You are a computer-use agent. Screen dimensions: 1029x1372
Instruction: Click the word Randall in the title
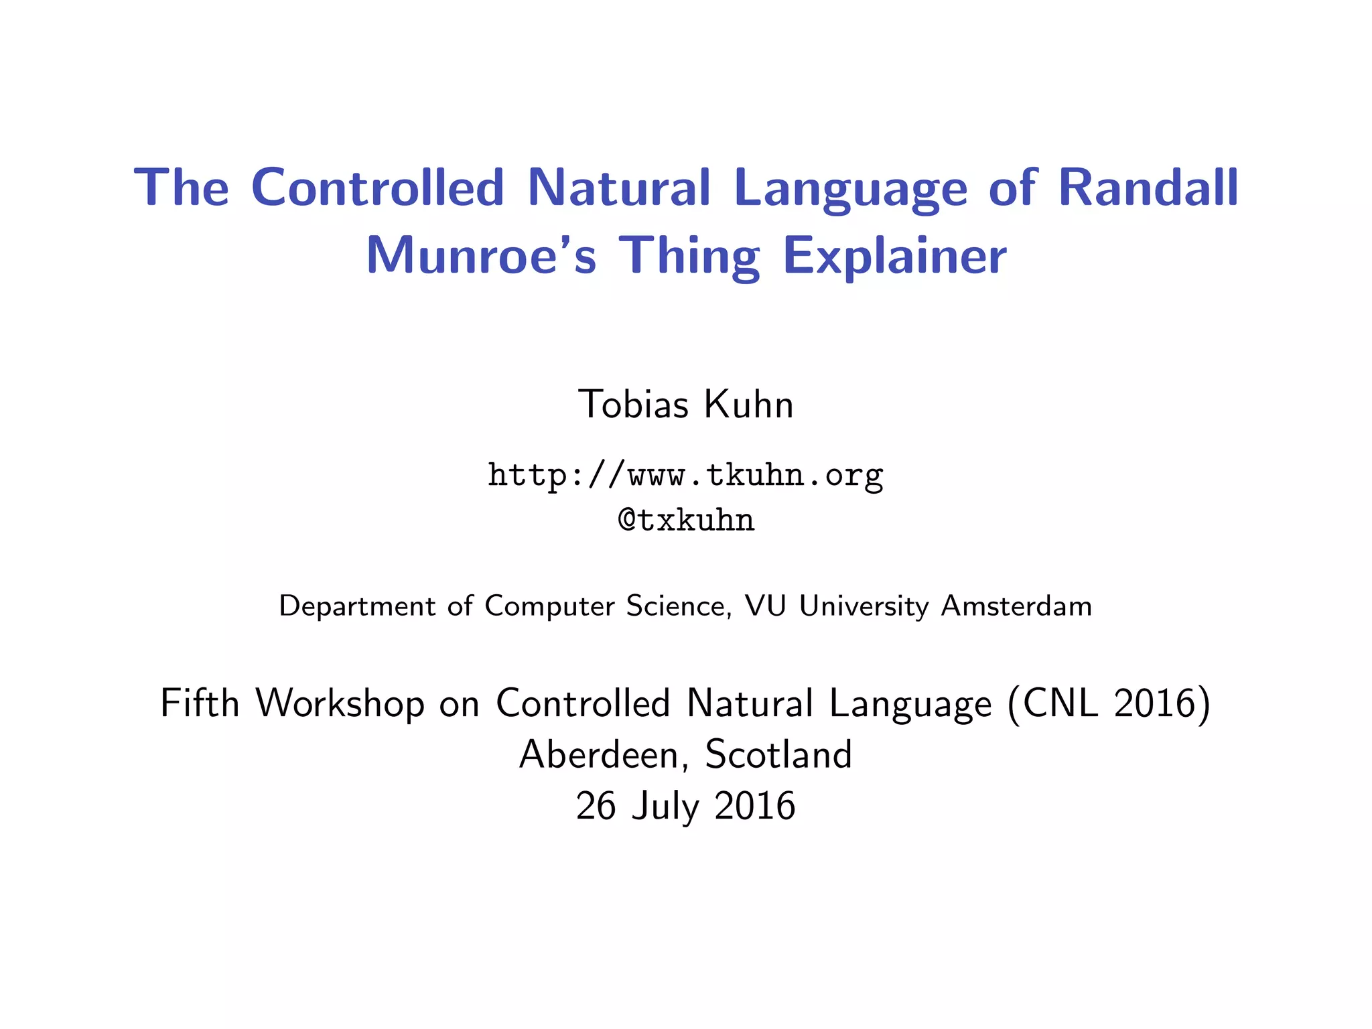click(1148, 188)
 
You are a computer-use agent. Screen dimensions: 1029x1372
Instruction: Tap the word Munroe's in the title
click(480, 256)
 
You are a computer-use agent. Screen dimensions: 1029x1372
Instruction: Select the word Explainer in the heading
click(894, 256)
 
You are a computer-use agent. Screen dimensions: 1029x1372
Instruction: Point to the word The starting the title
click(182, 188)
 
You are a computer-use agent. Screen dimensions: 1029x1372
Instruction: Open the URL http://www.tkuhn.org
click(685, 476)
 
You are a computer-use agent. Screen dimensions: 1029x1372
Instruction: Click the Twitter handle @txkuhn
click(686, 521)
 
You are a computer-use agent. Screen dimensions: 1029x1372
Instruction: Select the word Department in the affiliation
click(357, 607)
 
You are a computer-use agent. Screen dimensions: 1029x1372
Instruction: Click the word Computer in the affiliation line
click(549, 607)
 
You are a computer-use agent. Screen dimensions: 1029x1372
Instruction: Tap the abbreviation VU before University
click(765, 606)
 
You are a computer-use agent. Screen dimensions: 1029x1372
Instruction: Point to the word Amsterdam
click(1016, 606)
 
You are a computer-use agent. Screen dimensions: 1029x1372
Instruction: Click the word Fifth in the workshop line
click(200, 703)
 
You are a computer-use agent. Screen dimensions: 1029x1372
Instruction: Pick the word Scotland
click(778, 755)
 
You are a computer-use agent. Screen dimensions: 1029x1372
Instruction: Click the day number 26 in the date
click(596, 806)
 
